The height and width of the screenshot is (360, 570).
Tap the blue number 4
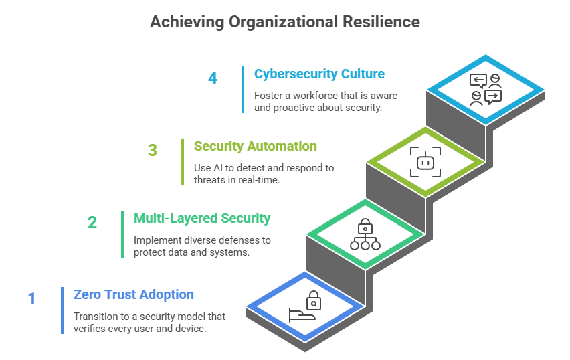pos(213,78)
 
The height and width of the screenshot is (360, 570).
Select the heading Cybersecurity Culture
pos(319,74)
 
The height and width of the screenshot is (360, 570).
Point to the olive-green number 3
pos(153,150)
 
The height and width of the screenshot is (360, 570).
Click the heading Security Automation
pos(256,146)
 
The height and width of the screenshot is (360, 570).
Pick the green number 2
pos(92,222)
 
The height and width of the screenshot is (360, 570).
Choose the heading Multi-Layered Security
pos(202,218)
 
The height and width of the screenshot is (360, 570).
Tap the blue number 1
pos(31,298)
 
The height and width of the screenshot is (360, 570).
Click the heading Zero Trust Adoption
pos(134,294)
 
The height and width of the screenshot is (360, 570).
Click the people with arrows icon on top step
pos(486,90)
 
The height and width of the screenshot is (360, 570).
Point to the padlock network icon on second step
pos(365,235)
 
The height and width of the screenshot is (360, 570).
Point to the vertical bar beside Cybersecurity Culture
pos(243,90)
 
